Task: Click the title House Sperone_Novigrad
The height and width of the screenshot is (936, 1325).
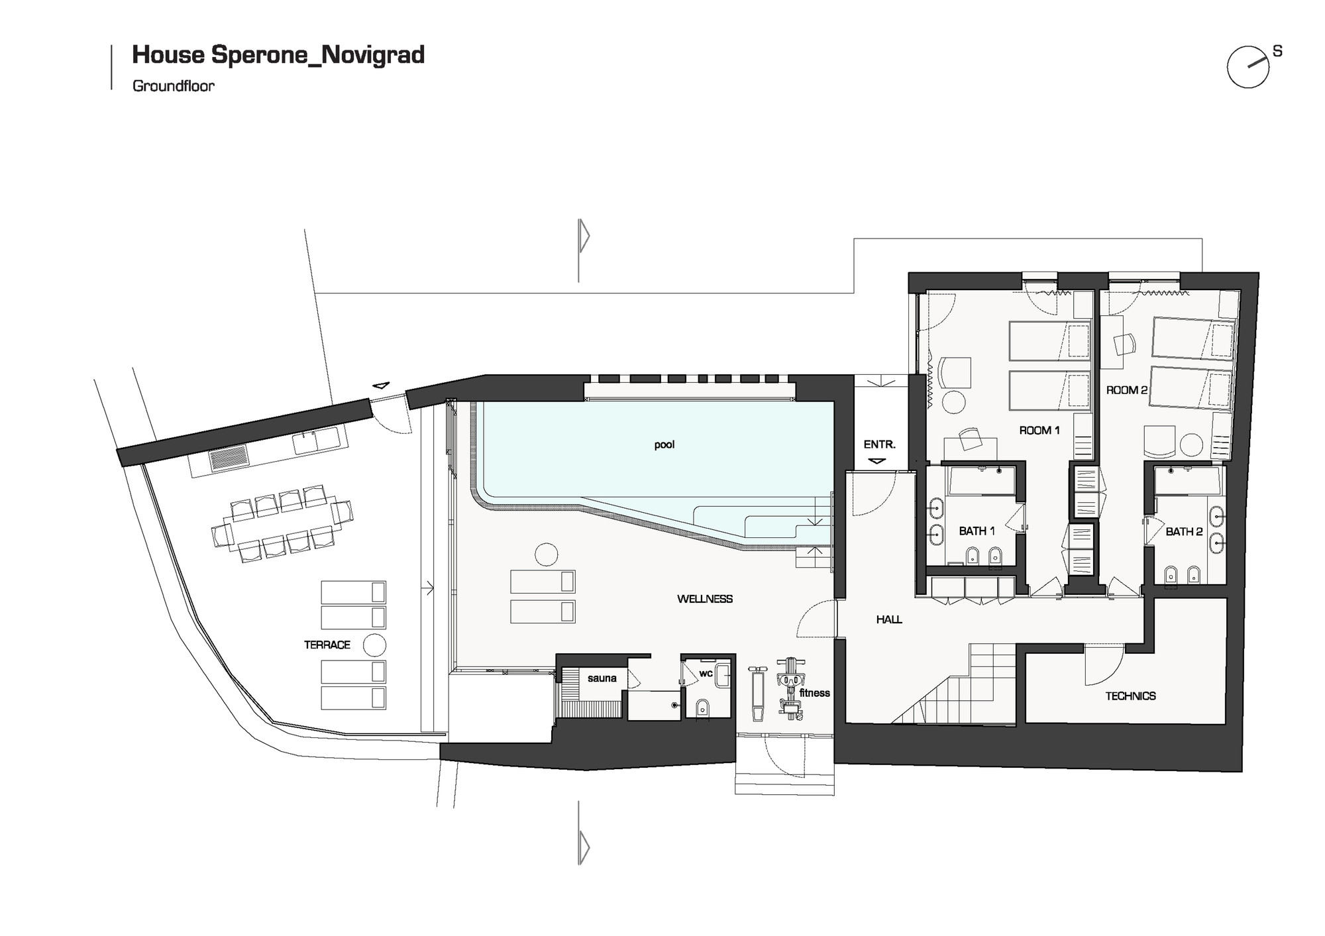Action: coord(278,54)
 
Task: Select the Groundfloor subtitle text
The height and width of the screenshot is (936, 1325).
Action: coord(174,85)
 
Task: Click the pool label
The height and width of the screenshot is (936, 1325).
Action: coord(664,444)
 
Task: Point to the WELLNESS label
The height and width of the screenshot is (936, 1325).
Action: coord(704,599)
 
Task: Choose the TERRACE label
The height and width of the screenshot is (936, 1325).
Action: coord(327,645)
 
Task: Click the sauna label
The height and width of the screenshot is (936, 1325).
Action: coord(602,678)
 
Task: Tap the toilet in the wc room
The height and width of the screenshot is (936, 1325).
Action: coord(703,708)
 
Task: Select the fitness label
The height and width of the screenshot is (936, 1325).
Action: coord(814,693)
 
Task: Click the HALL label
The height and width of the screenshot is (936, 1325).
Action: coord(888,619)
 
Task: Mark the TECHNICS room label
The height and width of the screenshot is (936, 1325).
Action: coord(1130,696)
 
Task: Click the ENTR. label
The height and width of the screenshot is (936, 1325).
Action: coord(879,444)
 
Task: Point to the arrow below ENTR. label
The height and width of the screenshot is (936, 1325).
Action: coord(876,460)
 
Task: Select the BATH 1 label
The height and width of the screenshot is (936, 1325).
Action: coord(977,531)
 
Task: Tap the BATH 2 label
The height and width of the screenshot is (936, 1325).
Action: coord(1184,531)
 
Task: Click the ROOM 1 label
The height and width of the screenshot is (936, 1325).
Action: coord(1039,431)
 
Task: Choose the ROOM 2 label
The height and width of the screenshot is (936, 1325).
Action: coord(1126,390)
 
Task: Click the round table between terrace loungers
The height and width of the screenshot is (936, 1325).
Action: coord(374,644)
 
